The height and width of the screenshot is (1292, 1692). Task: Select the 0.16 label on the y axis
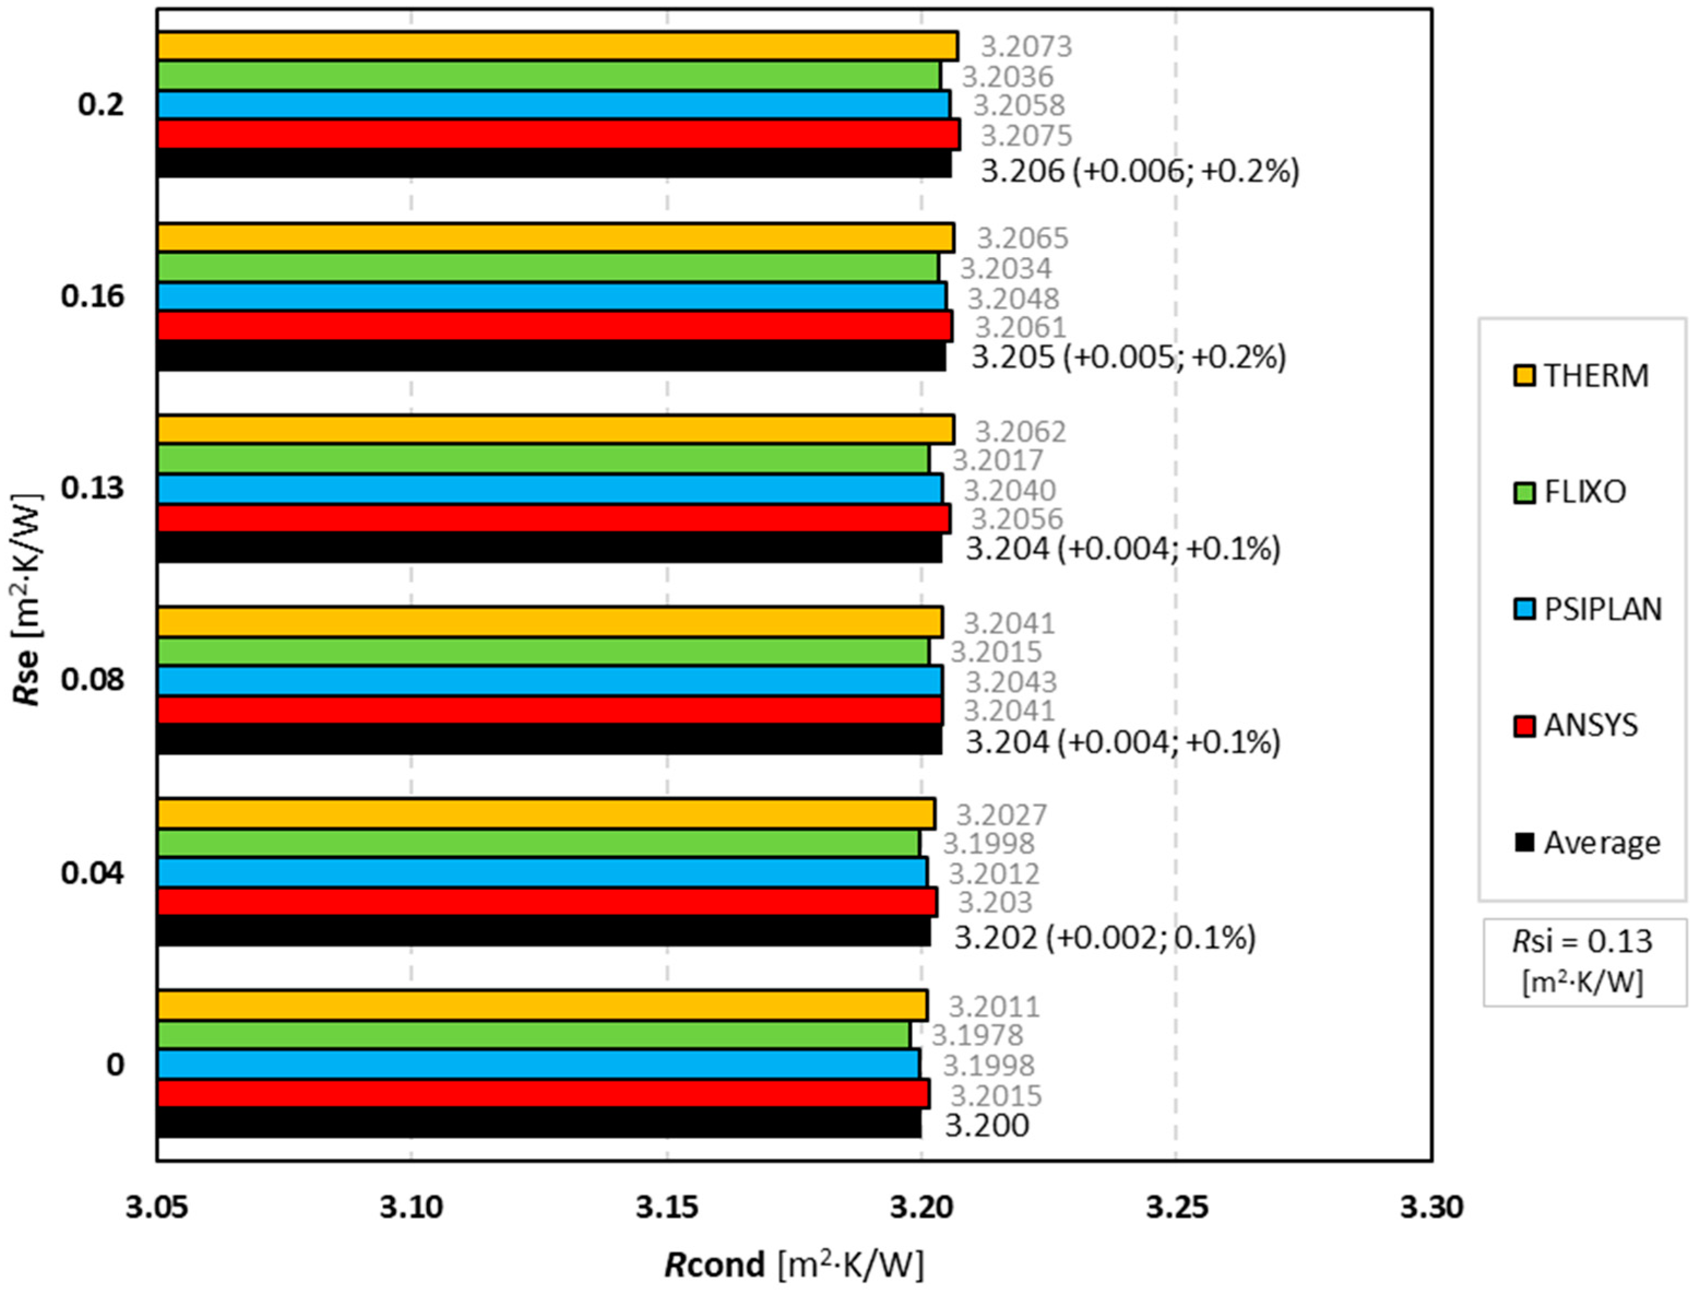click(92, 296)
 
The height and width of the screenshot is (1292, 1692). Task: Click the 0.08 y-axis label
click(92, 680)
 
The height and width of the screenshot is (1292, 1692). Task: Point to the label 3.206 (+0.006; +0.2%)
click(1140, 171)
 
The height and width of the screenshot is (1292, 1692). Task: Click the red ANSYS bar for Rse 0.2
click(558, 135)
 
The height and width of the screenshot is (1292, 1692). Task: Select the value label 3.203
click(994, 903)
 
